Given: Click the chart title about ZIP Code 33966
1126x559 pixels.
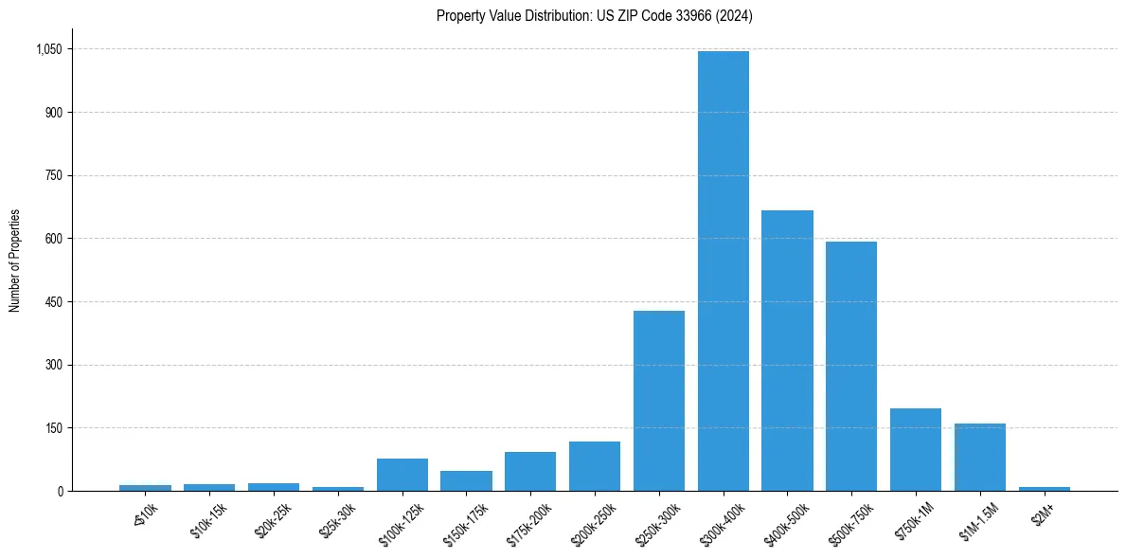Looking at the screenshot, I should coord(595,16).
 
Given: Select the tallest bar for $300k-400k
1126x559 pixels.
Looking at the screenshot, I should coord(724,271).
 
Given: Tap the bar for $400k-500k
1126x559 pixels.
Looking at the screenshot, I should coord(787,351).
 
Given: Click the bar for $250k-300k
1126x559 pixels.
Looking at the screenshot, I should coord(659,401).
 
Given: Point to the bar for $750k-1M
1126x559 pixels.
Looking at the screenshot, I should coord(916,450).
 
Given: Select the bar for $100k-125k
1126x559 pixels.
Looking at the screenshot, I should coord(402,475).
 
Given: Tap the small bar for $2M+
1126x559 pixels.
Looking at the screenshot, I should coord(1045,488).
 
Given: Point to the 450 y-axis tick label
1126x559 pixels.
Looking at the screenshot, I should coord(54,302).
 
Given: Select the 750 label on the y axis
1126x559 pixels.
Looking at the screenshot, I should coord(54,175).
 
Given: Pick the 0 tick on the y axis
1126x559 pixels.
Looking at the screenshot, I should coord(60,491).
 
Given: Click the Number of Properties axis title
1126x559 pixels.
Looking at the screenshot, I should coord(15,261).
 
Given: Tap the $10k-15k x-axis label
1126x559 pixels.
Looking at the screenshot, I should coord(208,520).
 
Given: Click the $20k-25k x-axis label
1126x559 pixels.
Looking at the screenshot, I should coord(273,520).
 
